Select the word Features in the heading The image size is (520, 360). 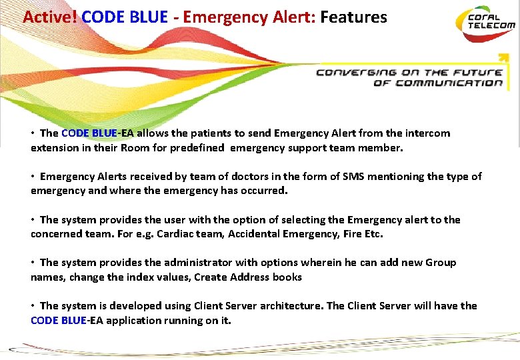(x=353, y=17)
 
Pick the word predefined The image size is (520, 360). (x=197, y=148)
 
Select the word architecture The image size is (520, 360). (x=290, y=306)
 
